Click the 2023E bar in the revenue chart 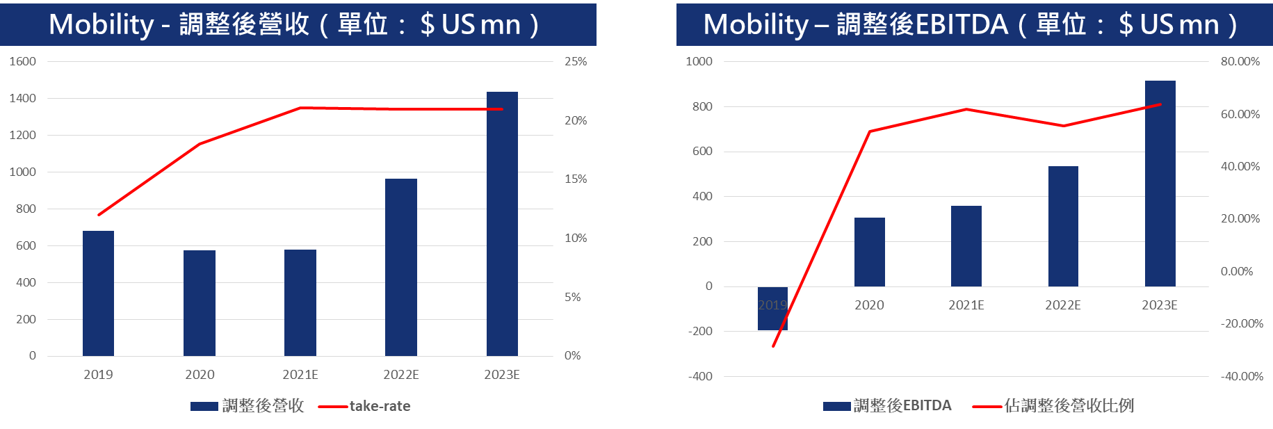point(502,224)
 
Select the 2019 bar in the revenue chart point(98,293)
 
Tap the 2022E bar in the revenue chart point(401,268)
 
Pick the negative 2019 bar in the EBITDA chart point(772,309)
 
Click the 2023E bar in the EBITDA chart point(1160,184)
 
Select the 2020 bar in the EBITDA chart point(869,252)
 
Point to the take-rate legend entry point(380,406)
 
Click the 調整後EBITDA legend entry point(902,405)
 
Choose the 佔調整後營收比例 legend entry point(1069,405)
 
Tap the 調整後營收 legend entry point(263,406)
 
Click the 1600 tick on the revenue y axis point(22,61)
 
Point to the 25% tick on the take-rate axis point(576,61)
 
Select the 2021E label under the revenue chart point(300,375)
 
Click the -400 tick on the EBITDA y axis point(700,376)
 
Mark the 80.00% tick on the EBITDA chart point(1240,61)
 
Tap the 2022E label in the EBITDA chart point(1063,305)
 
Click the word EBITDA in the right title point(962,25)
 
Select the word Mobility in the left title point(102,25)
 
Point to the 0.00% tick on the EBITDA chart point(1237,271)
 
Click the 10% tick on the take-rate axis point(576,238)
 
